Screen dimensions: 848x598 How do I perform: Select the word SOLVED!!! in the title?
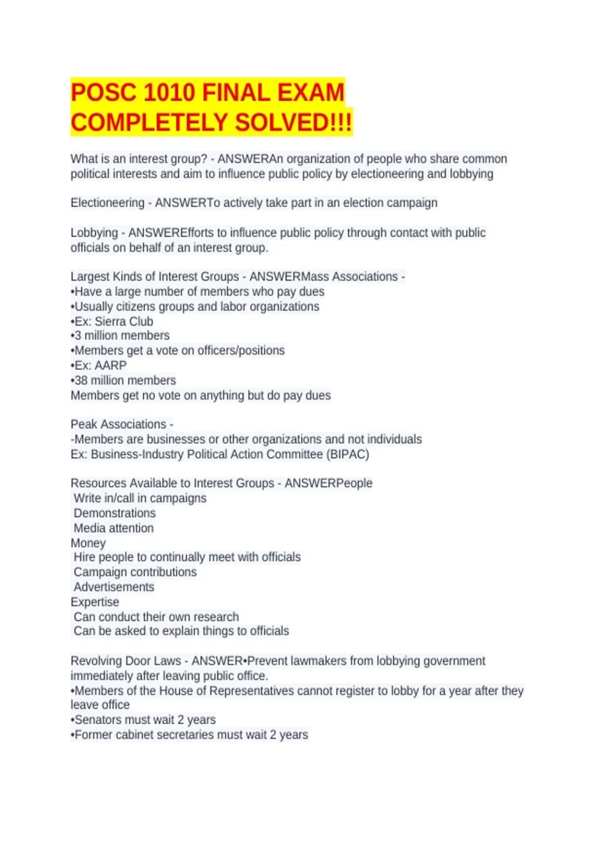pyautogui.click(x=294, y=123)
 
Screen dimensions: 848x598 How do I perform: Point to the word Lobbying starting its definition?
pyautogui.click(x=94, y=233)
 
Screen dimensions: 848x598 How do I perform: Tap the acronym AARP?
pyautogui.click(x=110, y=366)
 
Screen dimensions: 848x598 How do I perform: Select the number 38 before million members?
pyautogui.click(x=81, y=381)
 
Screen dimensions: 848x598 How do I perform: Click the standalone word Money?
pyautogui.click(x=88, y=543)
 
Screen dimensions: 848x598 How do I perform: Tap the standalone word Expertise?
pyautogui.click(x=95, y=602)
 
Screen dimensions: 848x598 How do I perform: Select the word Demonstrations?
pyautogui.click(x=115, y=513)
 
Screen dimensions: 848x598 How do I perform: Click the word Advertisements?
pyautogui.click(x=114, y=587)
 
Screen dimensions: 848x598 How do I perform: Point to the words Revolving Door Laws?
pyautogui.click(x=126, y=661)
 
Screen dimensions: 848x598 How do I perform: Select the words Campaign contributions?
pyautogui.click(x=135, y=572)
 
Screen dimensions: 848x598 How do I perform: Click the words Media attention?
pyautogui.click(x=114, y=528)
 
